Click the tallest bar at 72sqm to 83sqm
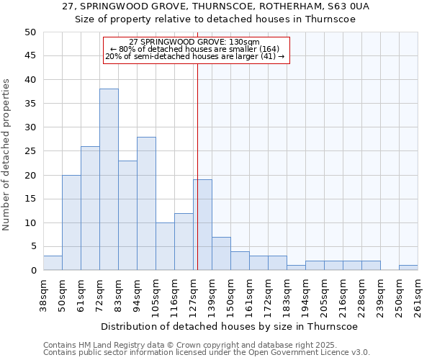click(x=109, y=179)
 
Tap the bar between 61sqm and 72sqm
click(x=90, y=208)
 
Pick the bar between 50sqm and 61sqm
click(x=71, y=222)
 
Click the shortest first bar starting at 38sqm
click(x=53, y=263)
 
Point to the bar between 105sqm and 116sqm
click(x=165, y=246)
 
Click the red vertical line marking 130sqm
click(x=197, y=166)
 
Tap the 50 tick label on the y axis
click(x=30, y=32)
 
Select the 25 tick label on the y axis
click(x=30, y=151)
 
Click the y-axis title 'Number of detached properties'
click(x=7, y=155)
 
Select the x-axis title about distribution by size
click(x=230, y=326)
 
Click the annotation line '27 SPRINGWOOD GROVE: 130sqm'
click(x=194, y=42)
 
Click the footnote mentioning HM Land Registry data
click(x=206, y=345)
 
